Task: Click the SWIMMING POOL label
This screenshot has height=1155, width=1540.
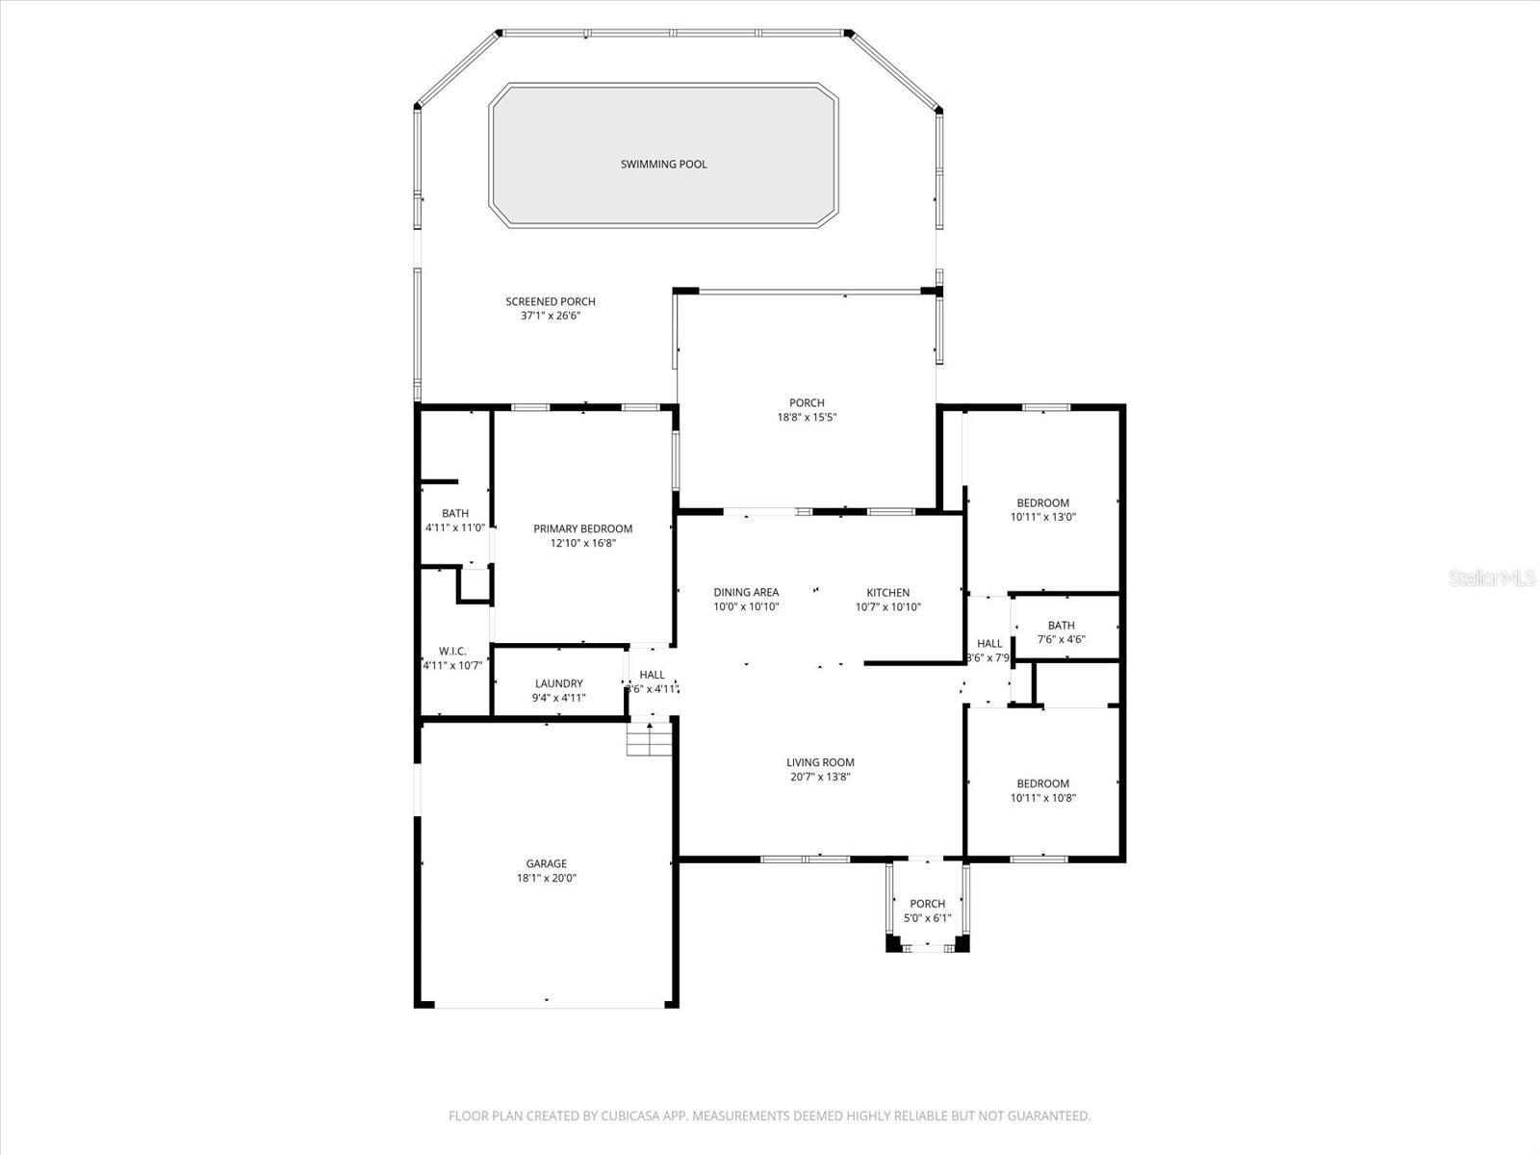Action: click(663, 165)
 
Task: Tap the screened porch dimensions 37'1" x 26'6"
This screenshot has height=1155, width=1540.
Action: click(551, 316)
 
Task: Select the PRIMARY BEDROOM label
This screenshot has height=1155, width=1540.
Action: click(582, 528)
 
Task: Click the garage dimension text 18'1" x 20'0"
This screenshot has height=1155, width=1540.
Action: click(546, 878)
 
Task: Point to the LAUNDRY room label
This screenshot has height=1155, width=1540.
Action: click(558, 683)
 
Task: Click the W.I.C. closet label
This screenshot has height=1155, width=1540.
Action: click(452, 652)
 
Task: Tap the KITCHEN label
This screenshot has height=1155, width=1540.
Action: click(887, 593)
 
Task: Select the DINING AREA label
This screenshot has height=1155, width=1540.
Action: click(746, 593)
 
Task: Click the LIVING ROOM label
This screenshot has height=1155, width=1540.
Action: click(820, 762)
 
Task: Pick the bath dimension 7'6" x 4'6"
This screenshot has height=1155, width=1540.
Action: click(1061, 639)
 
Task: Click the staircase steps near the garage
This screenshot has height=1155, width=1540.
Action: click(649, 739)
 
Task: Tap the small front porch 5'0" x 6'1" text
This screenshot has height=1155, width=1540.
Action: click(927, 918)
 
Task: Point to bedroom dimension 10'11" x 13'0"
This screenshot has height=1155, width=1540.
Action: click(1042, 517)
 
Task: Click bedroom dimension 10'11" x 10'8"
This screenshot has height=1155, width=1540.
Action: click(1042, 798)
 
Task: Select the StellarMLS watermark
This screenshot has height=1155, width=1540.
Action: click(1492, 578)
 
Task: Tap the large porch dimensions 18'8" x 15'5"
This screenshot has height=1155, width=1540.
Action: click(806, 418)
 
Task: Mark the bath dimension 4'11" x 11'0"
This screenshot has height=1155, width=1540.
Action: click(454, 527)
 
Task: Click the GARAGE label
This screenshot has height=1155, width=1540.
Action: click(546, 863)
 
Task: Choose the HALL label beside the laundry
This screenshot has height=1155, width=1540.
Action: click(652, 675)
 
